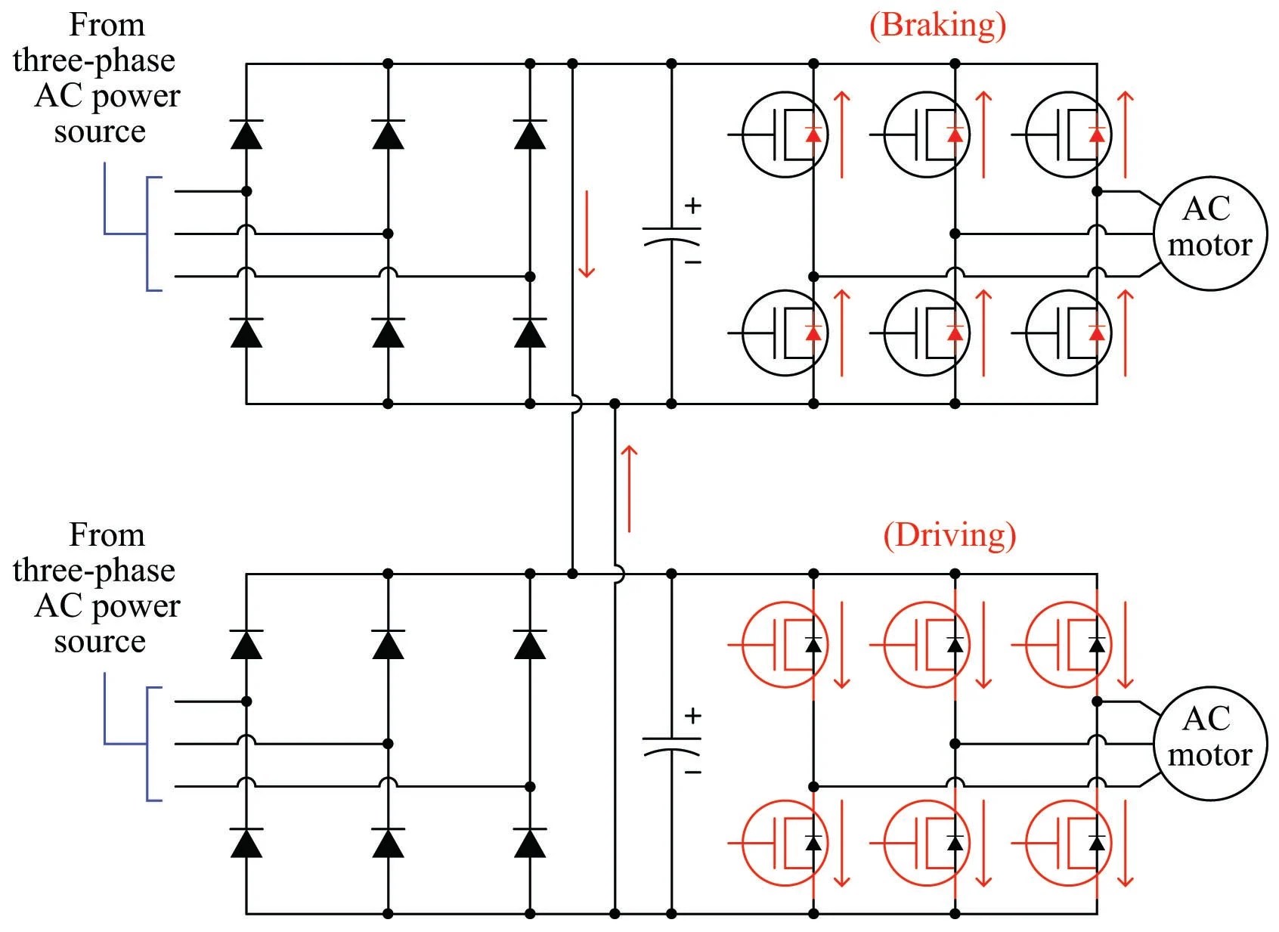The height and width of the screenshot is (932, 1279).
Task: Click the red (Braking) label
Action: (937, 25)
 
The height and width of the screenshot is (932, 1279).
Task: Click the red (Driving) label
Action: (949, 535)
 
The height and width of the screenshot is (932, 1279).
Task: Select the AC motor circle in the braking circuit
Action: (1209, 234)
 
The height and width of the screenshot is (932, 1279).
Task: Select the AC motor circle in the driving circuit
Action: (1209, 744)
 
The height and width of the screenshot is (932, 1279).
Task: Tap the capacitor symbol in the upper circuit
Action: (671, 235)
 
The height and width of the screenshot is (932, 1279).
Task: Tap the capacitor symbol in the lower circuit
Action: (671, 745)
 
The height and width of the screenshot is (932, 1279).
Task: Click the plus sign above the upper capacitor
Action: (692, 206)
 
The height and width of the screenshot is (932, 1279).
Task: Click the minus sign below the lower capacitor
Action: (692, 773)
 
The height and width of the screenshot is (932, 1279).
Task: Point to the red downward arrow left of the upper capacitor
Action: (586, 234)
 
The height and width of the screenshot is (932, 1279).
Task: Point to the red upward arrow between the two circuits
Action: (628, 488)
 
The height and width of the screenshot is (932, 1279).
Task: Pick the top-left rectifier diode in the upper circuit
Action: (246, 135)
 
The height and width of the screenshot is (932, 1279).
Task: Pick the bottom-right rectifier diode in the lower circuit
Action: (529, 843)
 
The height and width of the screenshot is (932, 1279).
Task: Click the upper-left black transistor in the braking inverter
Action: (785, 135)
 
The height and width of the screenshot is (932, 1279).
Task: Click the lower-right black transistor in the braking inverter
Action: (1068, 333)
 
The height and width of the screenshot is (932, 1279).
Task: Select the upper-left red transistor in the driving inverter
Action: (785, 645)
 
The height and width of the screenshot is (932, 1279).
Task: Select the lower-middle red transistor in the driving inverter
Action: (926, 843)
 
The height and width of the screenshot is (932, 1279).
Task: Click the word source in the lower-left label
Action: (99, 642)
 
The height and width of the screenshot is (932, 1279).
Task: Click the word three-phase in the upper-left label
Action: (94, 60)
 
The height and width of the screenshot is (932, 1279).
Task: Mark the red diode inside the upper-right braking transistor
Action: (1097, 135)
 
